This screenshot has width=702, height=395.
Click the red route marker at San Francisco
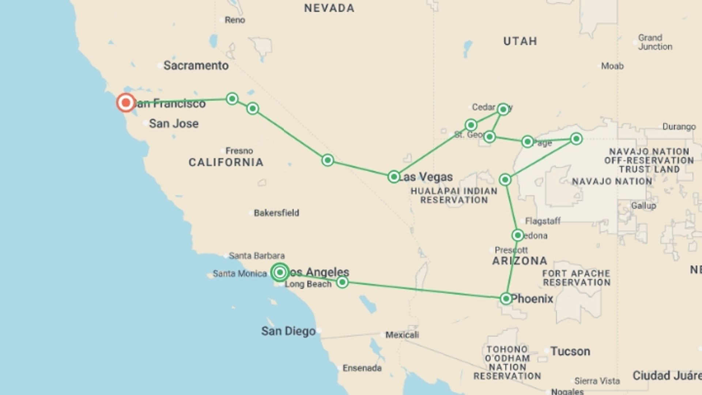coord(126,103)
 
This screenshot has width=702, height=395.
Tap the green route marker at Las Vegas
coord(394,177)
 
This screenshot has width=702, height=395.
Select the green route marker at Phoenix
coord(506,298)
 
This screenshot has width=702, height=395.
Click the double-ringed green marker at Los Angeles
coord(280,272)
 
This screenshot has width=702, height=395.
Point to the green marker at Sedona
coord(518,235)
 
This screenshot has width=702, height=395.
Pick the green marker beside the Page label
coord(527,142)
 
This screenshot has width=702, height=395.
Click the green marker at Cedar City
coord(503,109)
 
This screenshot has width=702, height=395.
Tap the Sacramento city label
coord(196,65)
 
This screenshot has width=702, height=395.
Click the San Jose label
coord(174,124)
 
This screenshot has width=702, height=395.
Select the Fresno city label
coord(239,151)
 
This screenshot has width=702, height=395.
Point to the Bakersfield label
coord(276,213)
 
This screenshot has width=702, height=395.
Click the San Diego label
coord(288,331)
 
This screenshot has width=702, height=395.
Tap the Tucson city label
coord(570,351)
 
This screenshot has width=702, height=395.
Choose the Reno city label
coord(235,20)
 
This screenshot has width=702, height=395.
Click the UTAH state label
coord(520,41)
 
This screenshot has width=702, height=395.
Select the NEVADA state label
coord(329,8)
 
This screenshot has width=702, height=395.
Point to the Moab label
coord(612,66)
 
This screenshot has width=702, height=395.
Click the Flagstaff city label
coord(543,221)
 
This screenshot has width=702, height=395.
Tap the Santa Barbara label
coord(257,256)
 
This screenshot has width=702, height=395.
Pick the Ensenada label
coord(362,368)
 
